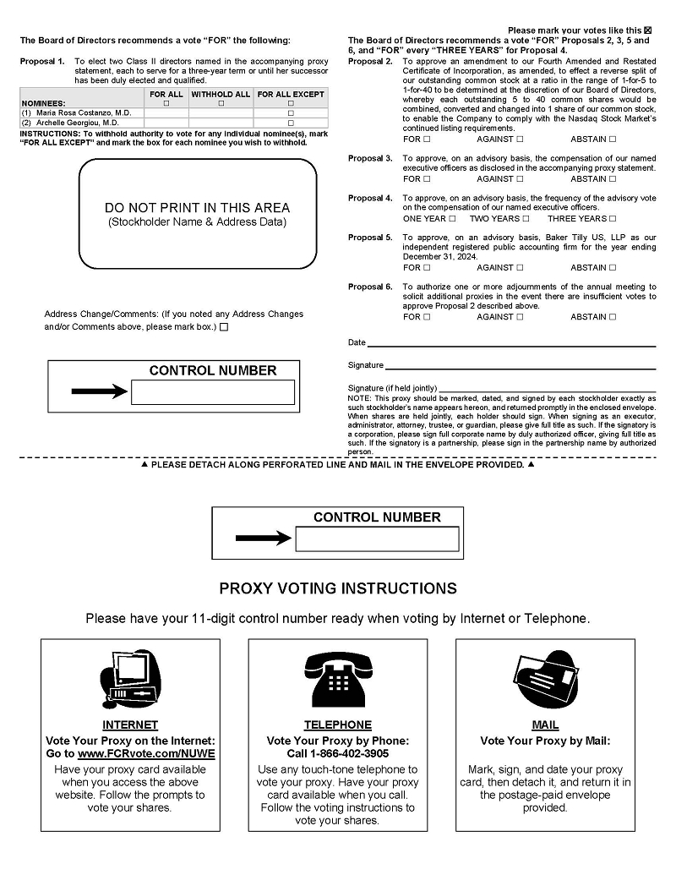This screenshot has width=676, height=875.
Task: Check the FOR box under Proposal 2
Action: pyautogui.click(x=427, y=139)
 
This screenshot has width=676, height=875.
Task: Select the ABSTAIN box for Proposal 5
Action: pyautogui.click(x=613, y=268)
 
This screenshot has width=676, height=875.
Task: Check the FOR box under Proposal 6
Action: pyautogui.click(x=427, y=317)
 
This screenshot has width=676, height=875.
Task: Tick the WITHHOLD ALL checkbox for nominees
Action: pyautogui.click(x=221, y=103)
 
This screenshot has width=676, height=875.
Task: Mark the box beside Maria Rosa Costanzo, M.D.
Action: pyautogui.click(x=291, y=112)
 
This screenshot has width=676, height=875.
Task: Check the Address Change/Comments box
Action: pyautogui.click(x=224, y=327)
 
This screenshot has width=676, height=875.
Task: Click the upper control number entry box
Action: pyautogui.click(x=213, y=392)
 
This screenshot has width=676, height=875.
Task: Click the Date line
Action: pyautogui.click(x=511, y=345)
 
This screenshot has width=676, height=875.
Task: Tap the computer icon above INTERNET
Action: pyautogui.click(x=129, y=681)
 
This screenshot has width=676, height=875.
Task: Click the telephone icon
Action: pyautogui.click(x=337, y=680)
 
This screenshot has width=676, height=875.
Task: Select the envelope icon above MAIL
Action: pyautogui.click(x=545, y=680)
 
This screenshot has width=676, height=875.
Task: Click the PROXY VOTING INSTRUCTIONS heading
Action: pyautogui.click(x=338, y=588)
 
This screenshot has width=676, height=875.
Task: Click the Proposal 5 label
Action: pyautogui.click(x=370, y=238)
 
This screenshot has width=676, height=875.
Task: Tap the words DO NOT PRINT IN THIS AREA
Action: pyautogui.click(x=197, y=208)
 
